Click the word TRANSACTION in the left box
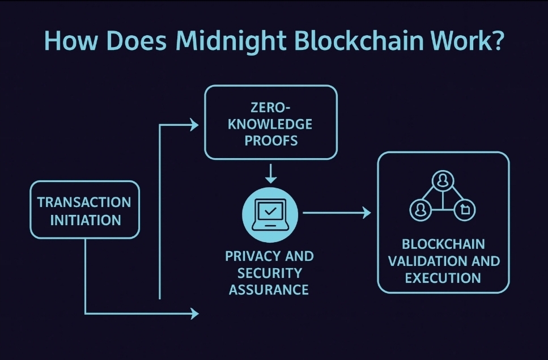(x=84, y=202)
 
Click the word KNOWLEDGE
(x=270, y=124)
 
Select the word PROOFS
(x=271, y=141)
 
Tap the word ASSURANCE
(x=269, y=290)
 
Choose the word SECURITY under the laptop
(x=269, y=273)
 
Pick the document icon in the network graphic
(x=465, y=210)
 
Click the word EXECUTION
(x=443, y=278)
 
